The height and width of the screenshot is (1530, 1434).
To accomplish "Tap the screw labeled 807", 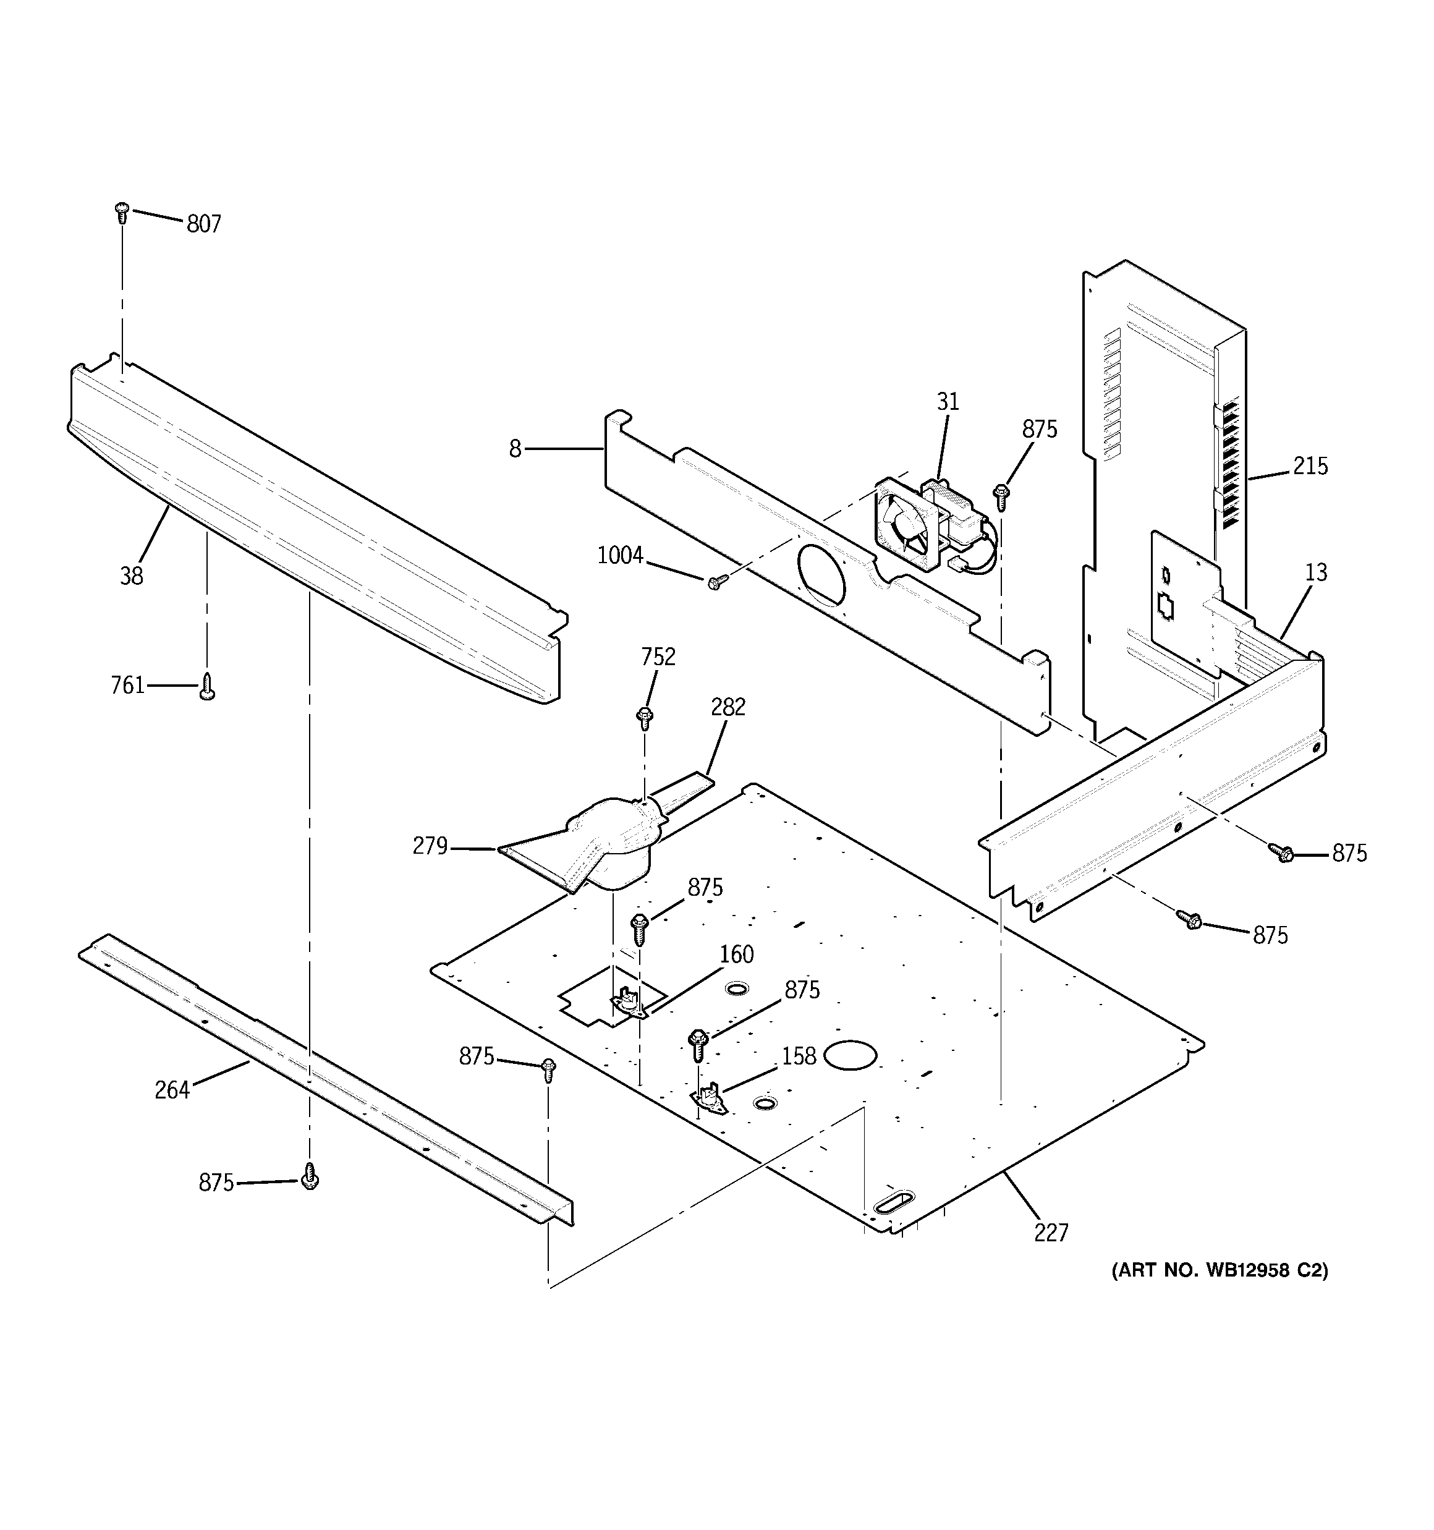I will pos(121,211).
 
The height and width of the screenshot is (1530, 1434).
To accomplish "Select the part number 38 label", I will pos(132,576).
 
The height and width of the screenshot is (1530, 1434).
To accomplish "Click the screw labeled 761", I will pos(206,687).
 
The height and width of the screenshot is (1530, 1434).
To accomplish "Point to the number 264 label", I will pos(172,1090).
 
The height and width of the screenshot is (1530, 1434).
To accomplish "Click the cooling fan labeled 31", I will pos(907,524).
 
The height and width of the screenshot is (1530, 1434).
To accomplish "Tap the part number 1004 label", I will pos(619,555).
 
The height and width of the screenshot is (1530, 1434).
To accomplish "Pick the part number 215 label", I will pos(1310,465).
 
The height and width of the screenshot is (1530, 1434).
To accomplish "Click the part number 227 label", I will pos(1051,1233).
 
